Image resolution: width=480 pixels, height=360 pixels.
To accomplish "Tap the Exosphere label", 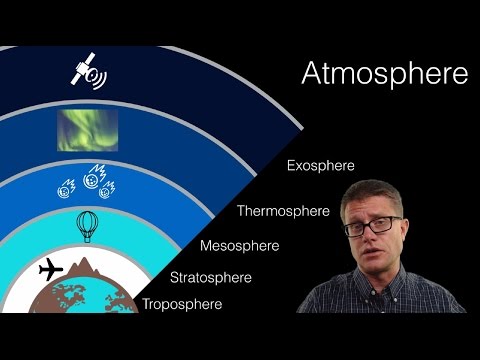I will pyautogui.click(x=320, y=165).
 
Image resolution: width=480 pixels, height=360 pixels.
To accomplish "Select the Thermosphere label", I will pyautogui.click(x=282, y=211).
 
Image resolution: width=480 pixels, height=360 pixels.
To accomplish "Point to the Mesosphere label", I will pyautogui.click(x=239, y=245).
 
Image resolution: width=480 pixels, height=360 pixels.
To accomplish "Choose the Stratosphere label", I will pyautogui.click(x=211, y=277).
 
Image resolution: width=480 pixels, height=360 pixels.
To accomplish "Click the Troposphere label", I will pyautogui.click(x=181, y=304).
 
